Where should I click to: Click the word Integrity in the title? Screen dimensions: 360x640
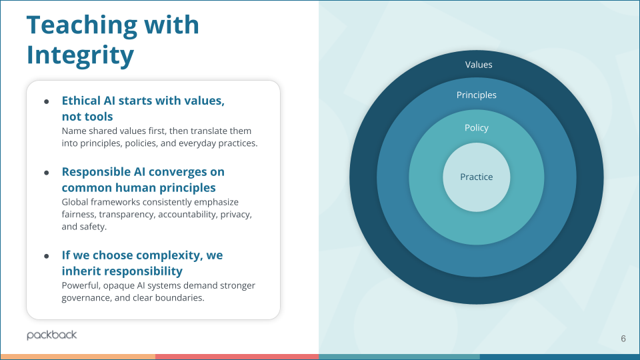(80, 55)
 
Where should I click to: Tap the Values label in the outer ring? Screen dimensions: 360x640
(478, 65)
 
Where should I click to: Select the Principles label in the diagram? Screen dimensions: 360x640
(476, 95)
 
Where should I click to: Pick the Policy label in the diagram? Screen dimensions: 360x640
(476, 127)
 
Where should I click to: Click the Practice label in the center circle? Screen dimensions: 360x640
(476, 177)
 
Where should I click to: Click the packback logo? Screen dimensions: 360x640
(52, 335)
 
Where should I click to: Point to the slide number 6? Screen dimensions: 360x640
(623, 339)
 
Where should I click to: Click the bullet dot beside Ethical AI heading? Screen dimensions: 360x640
(47, 101)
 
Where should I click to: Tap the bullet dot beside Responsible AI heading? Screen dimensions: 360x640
(47, 172)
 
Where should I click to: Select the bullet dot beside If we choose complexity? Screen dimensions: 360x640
(47, 256)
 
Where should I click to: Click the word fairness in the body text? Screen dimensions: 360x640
(79, 214)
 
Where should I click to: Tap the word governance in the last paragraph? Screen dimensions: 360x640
(86, 298)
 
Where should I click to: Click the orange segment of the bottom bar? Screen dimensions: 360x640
(77, 357)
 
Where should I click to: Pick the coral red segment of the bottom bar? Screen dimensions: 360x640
(237, 357)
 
